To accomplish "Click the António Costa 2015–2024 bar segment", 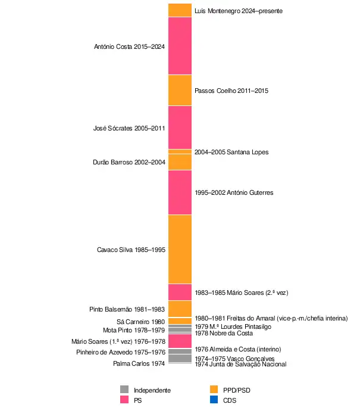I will coord(180,46).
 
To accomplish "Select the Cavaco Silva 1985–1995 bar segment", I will coord(180,249).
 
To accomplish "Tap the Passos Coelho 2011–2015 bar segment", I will coord(180,90).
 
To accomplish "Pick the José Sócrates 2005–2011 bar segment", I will coord(180,127).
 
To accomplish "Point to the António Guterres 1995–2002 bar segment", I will coord(180,192).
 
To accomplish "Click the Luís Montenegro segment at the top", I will coord(180,10).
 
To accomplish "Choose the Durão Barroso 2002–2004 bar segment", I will coord(180,162).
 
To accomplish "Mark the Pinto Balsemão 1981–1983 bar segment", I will coord(180,309).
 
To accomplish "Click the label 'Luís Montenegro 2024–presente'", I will coord(238,11).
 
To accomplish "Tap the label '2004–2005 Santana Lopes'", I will coord(231,152).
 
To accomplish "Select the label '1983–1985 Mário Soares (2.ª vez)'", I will coord(242,292).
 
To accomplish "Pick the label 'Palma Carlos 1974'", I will coord(139,363).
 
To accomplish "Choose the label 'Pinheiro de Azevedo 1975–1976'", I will coord(121,352).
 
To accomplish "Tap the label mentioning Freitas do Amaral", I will coord(271,318).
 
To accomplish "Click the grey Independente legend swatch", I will coord(124,390).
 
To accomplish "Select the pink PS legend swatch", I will coord(124,400).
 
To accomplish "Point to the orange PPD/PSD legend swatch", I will coord(214,390).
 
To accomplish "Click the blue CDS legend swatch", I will coord(214,400).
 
